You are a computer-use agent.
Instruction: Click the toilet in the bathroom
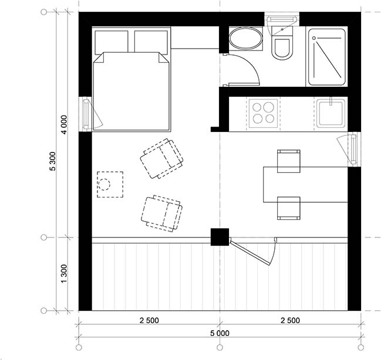(x=282, y=43)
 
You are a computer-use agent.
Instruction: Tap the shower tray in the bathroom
(x=327, y=57)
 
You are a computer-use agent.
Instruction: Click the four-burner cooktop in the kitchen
(x=263, y=113)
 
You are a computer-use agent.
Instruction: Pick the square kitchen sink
(x=331, y=113)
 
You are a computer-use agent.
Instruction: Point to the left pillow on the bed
(x=112, y=42)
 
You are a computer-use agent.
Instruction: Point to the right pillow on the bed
(x=151, y=42)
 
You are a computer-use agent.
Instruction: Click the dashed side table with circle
(x=110, y=185)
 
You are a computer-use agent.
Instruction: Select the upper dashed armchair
(x=161, y=159)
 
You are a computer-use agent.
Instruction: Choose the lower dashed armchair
(x=162, y=213)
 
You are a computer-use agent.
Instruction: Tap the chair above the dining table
(x=289, y=161)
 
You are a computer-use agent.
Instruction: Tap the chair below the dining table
(x=289, y=208)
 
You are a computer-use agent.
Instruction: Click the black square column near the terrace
(x=220, y=237)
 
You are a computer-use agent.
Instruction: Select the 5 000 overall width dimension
(x=220, y=333)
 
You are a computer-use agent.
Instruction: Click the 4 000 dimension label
(x=64, y=124)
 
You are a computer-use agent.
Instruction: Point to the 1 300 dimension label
(x=63, y=274)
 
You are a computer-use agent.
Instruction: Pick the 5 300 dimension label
(x=53, y=161)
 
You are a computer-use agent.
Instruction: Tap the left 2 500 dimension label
(x=149, y=321)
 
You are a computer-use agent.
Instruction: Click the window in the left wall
(x=86, y=114)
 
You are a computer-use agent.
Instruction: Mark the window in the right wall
(x=354, y=150)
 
